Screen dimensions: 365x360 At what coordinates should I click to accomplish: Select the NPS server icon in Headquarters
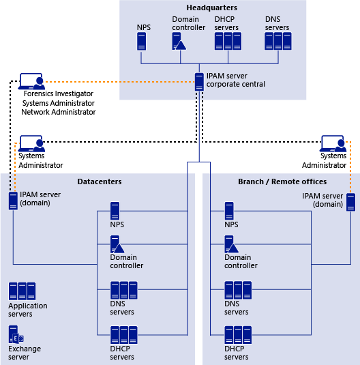(x=141, y=41)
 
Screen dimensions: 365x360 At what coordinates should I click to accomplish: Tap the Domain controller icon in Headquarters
(x=179, y=41)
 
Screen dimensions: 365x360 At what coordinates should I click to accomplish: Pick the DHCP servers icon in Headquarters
(x=228, y=41)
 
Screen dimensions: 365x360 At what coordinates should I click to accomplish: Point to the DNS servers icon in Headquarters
(x=277, y=41)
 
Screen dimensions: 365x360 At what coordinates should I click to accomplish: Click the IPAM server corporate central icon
(x=199, y=81)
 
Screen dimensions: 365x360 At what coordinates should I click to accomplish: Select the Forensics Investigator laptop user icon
(x=31, y=82)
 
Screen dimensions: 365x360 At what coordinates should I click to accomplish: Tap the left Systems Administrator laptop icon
(x=31, y=144)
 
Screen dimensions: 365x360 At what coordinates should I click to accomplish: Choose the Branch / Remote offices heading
(x=282, y=181)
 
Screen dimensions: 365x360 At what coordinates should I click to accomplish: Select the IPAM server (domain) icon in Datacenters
(x=13, y=201)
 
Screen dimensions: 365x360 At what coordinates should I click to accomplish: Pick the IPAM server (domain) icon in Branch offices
(x=350, y=203)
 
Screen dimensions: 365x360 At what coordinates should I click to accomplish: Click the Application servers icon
(x=22, y=292)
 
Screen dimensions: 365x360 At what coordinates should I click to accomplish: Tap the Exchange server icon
(x=16, y=335)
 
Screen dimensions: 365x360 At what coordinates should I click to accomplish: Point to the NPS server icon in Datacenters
(x=115, y=211)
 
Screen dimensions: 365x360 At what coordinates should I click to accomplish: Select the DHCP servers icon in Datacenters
(x=123, y=335)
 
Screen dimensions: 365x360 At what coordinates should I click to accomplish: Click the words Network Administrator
(x=59, y=112)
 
